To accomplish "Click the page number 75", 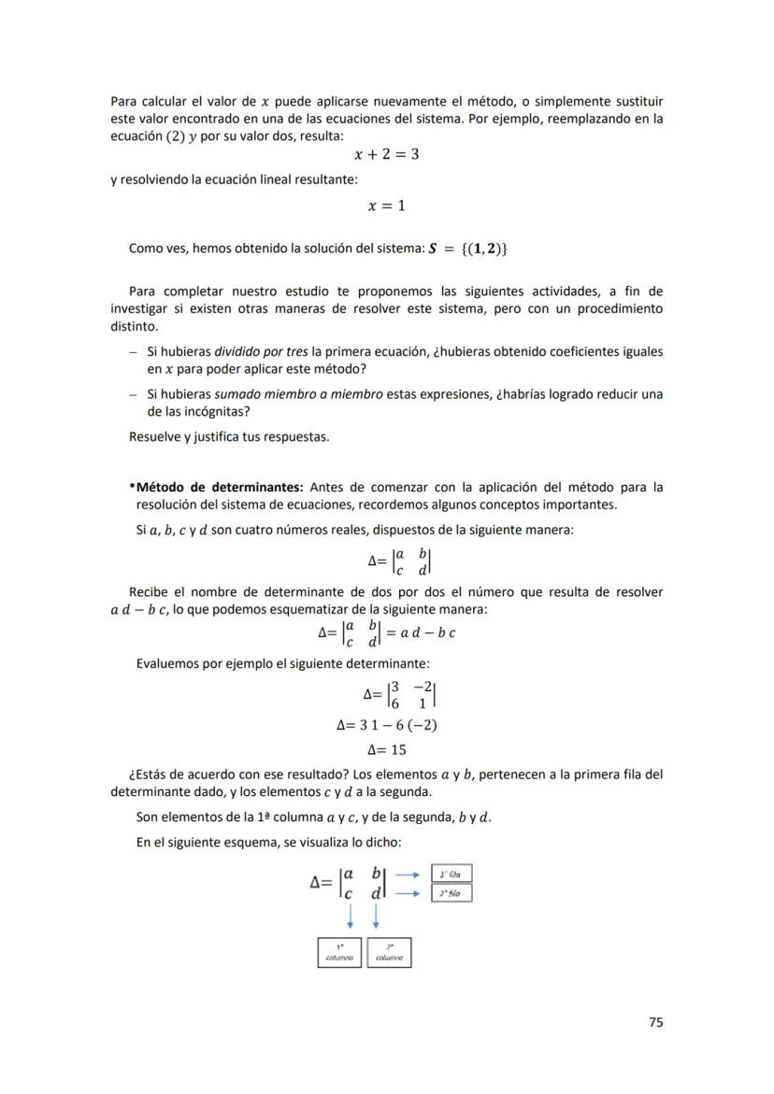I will pyautogui.click(x=655, y=1022).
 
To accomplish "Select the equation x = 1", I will pyautogui.click(x=386, y=206).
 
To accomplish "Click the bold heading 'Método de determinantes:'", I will pyautogui.click(x=220, y=487).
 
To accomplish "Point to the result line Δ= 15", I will pyautogui.click(x=386, y=749).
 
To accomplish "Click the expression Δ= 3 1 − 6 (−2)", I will pyautogui.click(x=386, y=725).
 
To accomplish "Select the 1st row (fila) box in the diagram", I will pyautogui.click(x=451, y=874).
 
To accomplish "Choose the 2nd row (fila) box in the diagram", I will pyautogui.click(x=451, y=893).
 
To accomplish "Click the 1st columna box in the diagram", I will pyautogui.click(x=340, y=952).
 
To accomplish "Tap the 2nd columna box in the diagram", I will pyautogui.click(x=389, y=952).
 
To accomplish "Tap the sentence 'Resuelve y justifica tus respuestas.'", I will pyautogui.click(x=229, y=436).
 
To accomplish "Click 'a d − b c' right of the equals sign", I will pyautogui.click(x=427, y=632).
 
